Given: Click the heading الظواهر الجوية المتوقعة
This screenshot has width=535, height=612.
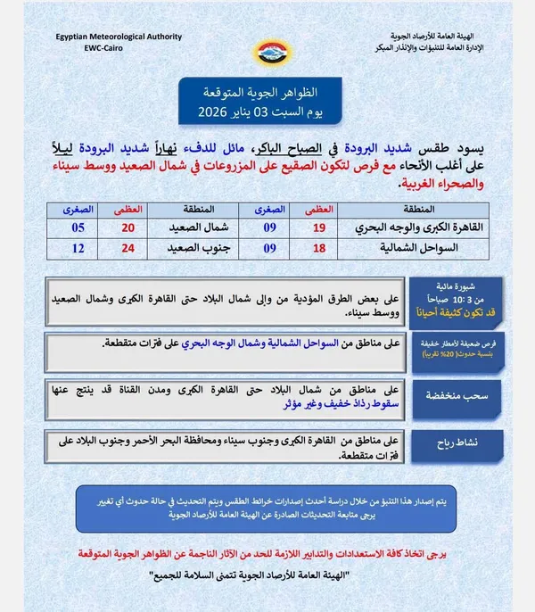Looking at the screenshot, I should (x=267, y=94).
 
